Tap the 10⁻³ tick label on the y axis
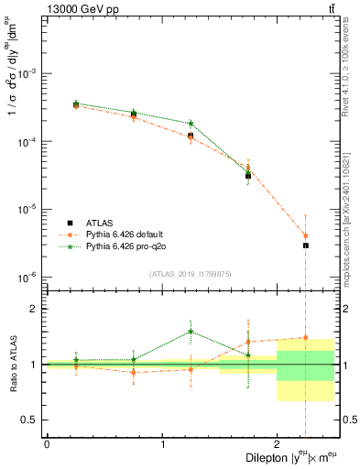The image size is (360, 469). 27,73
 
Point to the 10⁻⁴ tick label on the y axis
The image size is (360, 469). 27,142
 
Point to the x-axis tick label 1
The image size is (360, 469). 162,444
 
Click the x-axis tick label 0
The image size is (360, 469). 47,444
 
